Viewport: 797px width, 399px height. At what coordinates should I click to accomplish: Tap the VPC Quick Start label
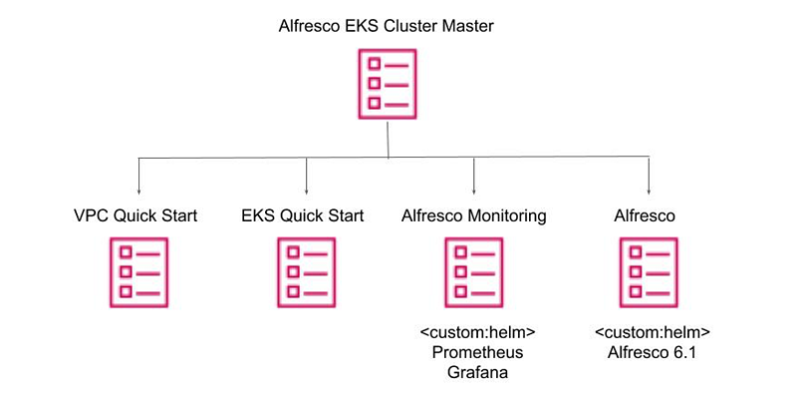[137, 215]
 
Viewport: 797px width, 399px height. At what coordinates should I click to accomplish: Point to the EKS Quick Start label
[303, 215]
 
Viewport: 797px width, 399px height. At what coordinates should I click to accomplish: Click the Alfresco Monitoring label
[474, 215]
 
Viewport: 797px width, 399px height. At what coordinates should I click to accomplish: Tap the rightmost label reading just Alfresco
[649, 215]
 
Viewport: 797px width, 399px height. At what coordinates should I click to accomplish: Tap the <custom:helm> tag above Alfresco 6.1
[653, 332]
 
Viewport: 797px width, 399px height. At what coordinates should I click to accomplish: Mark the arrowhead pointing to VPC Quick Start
[137, 190]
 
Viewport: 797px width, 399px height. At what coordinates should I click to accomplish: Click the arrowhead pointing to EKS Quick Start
[306, 190]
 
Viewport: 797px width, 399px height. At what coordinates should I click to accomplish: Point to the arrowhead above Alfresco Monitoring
[473, 190]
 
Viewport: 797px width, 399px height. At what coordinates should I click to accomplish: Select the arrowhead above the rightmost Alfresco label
[649, 190]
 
